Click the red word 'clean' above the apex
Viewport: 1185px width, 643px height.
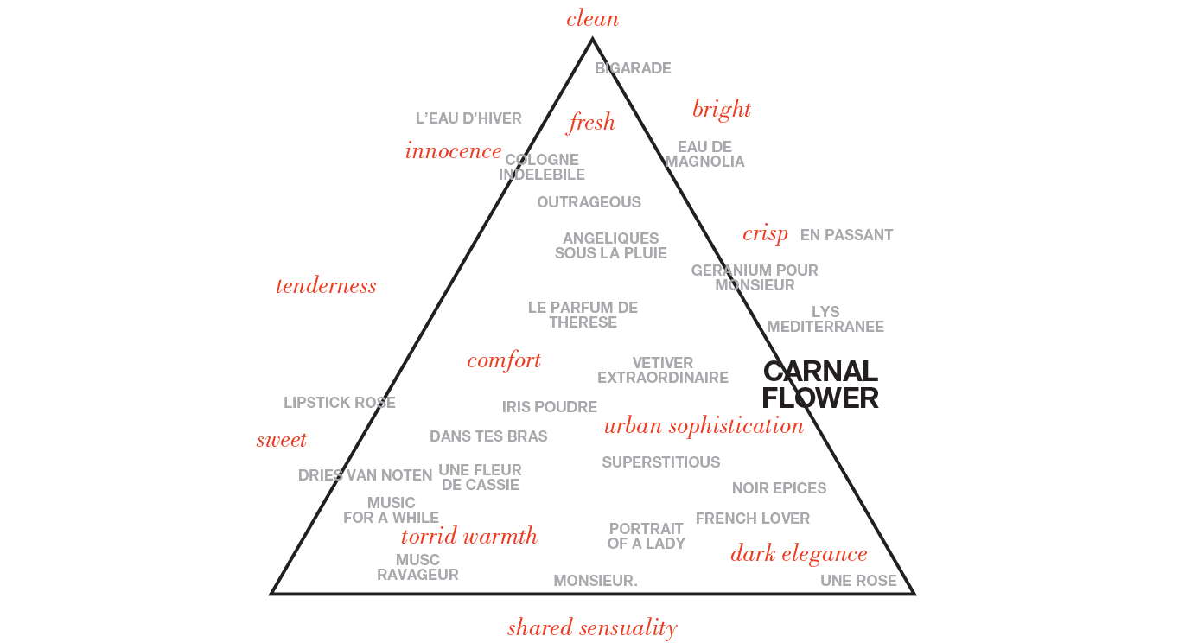click(592, 19)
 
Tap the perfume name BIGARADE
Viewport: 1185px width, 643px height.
click(633, 68)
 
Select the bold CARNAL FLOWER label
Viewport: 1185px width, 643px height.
click(820, 385)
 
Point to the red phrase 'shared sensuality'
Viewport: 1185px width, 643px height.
click(592, 628)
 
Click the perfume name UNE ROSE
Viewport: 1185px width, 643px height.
click(858, 581)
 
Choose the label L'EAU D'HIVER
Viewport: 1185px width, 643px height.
click(468, 118)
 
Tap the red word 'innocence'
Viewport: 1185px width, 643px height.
click(453, 151)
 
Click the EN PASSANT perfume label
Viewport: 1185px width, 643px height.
click(846, 235)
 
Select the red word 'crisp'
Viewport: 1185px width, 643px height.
click(765, 234)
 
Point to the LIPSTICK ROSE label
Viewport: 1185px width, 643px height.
click(339, 403)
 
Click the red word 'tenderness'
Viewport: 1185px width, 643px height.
click(326, 285)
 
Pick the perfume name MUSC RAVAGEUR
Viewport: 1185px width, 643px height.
click(417, 567)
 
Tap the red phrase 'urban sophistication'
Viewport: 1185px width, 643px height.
click(704, 426)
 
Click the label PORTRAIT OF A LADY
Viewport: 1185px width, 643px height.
click(646, 536)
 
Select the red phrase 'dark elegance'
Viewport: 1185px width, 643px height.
click(799, 554)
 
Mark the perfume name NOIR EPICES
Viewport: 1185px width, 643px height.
click(779, 488)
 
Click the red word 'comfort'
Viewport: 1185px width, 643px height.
click(504, 361)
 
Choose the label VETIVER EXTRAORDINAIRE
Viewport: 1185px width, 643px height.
click(662, 370)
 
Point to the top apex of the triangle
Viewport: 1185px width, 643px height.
click(592, 38)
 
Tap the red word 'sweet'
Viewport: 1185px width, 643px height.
click(282, 440)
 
